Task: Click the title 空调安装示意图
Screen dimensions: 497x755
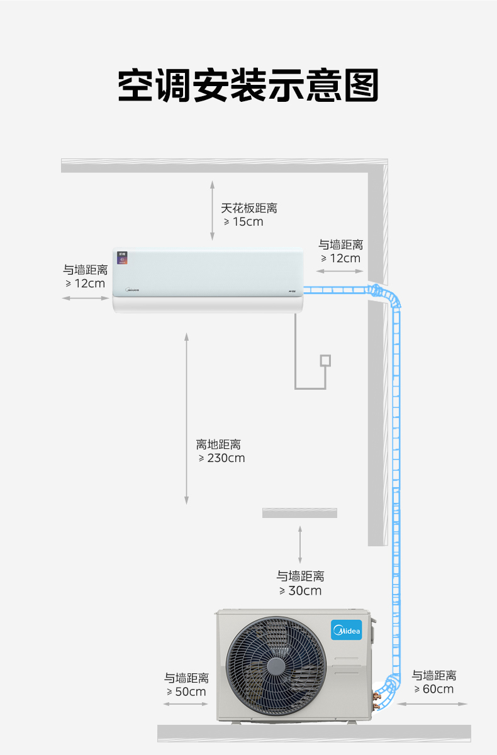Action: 248,85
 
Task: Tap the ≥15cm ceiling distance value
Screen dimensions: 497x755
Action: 243,222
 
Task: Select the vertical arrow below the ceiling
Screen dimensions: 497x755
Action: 212,211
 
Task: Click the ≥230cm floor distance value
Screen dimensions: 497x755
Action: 221,458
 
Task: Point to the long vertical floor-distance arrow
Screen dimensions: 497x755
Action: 187,419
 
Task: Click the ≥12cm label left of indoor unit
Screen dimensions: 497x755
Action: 86,284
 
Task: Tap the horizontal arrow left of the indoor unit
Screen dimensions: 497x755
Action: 86,299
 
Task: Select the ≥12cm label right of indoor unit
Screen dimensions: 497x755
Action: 341,258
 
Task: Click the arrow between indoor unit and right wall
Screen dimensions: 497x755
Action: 340,271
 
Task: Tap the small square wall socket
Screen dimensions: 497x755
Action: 325,360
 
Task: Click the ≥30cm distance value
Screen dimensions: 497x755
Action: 301,591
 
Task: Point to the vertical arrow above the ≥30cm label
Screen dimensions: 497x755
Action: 300,544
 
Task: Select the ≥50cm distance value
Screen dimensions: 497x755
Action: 186,692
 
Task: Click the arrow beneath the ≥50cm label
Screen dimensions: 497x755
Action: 186,704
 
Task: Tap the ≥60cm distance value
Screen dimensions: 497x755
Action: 434,689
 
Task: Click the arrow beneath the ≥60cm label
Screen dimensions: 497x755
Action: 432,704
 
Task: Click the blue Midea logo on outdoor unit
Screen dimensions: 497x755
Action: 347,630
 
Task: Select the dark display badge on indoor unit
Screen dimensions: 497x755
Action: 122,258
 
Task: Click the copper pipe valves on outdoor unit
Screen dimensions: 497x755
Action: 376,700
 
